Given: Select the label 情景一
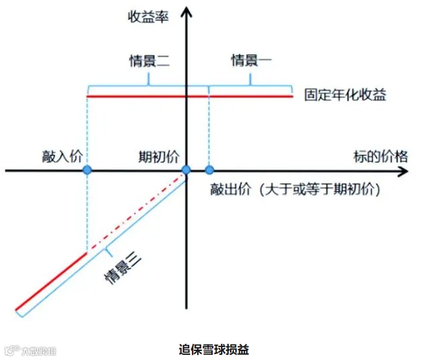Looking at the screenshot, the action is tap(252, 61).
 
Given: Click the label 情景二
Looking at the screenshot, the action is tap(149, 61).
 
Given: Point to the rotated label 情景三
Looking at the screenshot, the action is tap(123, 267).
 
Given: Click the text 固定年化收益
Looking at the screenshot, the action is tap(346, 95).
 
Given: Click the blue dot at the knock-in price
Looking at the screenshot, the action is tap(87, 170).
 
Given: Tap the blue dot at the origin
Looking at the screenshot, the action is tap(186, 170).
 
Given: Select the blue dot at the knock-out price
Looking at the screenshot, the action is tap(209, 170).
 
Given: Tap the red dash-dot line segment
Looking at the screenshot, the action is tap(136, 212).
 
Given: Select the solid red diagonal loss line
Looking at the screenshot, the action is tap(52, 280).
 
